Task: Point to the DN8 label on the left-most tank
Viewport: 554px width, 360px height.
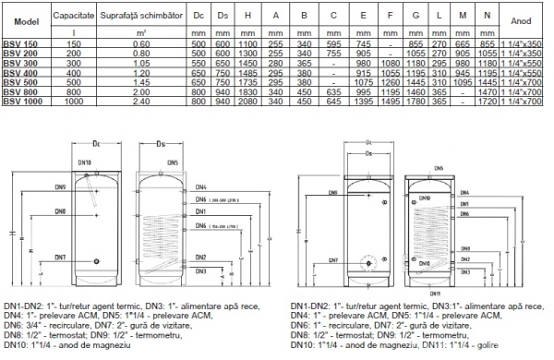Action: pos(59,211)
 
